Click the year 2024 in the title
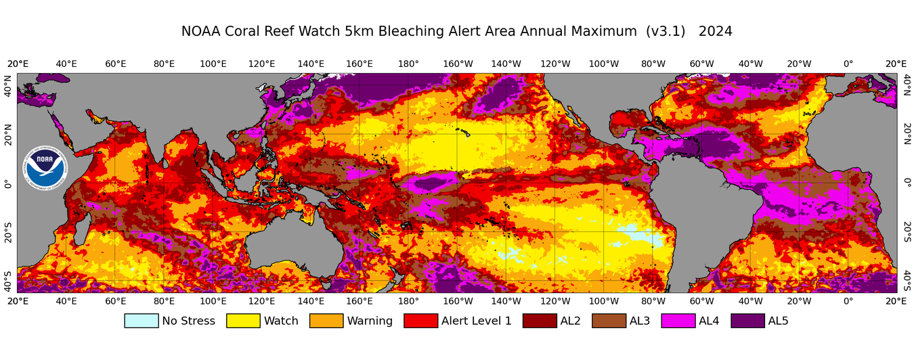[715, 32]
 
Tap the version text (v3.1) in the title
[667, 32]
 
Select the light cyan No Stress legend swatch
[141, 321]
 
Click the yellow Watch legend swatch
[243, 321]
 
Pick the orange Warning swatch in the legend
[326, 321]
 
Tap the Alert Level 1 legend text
[477, 321]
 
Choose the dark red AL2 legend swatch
[539, 321]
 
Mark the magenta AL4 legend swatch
[678, 321]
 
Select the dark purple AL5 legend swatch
[747, 321]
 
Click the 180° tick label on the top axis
[408, 64]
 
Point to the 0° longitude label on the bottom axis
[848, 301]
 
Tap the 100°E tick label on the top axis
[213, 64]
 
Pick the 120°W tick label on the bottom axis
[554, 301]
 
